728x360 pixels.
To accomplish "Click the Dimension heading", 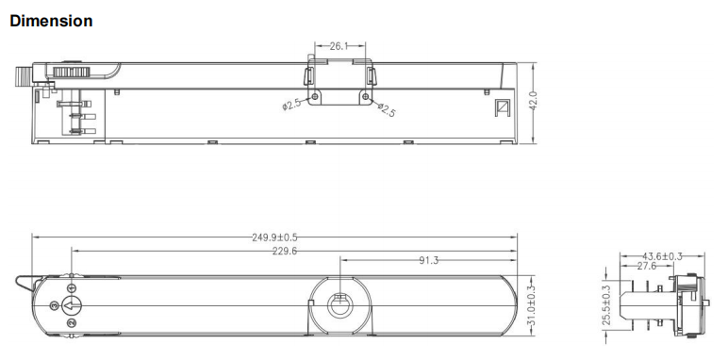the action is [x=51, y=21].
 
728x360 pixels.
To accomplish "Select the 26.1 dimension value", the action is [x=339, y=46].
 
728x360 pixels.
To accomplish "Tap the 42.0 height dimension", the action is [x=533, y=101].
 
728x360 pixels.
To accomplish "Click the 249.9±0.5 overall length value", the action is [x=274, y=237].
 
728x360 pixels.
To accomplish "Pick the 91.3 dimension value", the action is [x=428, y=260].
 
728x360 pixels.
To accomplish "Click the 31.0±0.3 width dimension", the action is [x=532, y=305].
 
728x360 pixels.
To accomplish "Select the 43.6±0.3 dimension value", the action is [x=663, y=256].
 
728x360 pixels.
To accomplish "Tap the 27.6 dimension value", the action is [x=647, y=266].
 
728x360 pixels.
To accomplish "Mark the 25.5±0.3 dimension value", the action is [x=606, y=304].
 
